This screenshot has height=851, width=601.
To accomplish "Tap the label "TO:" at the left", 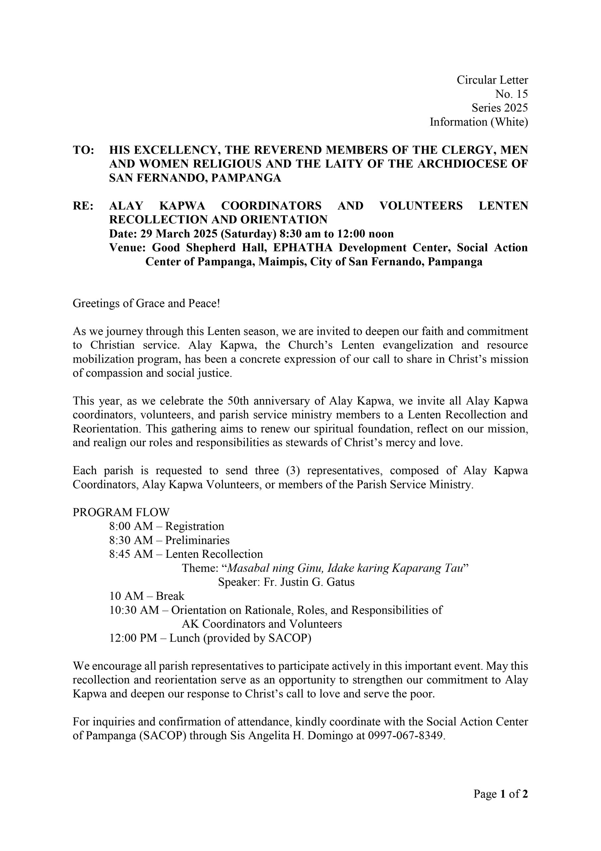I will pyautogui.click(x=83, y=150).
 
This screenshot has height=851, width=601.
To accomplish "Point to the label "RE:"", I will pyautogui.click(x=83, y=206).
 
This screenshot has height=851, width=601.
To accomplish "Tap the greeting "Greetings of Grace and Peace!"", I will pyautogui.click(x=146, y=303).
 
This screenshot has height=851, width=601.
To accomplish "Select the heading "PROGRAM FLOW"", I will pyautogui.click(x=121, y=512).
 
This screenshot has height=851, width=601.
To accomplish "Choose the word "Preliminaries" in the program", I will pyautogui.click(x=197, y=540).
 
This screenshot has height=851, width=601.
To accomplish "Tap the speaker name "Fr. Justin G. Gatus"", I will pyautogui.click(x=309, y=582).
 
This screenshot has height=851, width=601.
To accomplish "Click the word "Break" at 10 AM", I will pyautogui.click(x=170, y=596).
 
